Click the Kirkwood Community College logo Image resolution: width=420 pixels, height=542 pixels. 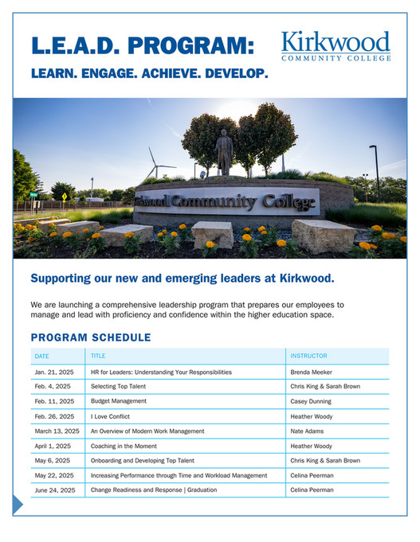tap(336, 46)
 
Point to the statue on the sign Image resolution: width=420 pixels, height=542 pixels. tap(223, 150)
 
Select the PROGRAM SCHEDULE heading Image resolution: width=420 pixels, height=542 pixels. tap(90, 337)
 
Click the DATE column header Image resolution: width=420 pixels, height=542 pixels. tap(41, 356)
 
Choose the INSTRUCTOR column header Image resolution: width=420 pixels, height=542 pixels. tap(308, 356)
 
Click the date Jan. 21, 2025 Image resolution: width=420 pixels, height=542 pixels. tap(53, 372)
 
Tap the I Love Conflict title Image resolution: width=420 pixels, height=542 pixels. tap(110, 416)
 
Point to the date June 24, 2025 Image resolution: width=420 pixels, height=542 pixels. tap(54, 489)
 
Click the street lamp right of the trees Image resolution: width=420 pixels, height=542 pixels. tap(375, 171)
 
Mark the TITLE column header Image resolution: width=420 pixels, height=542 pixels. tap(98, 356)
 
